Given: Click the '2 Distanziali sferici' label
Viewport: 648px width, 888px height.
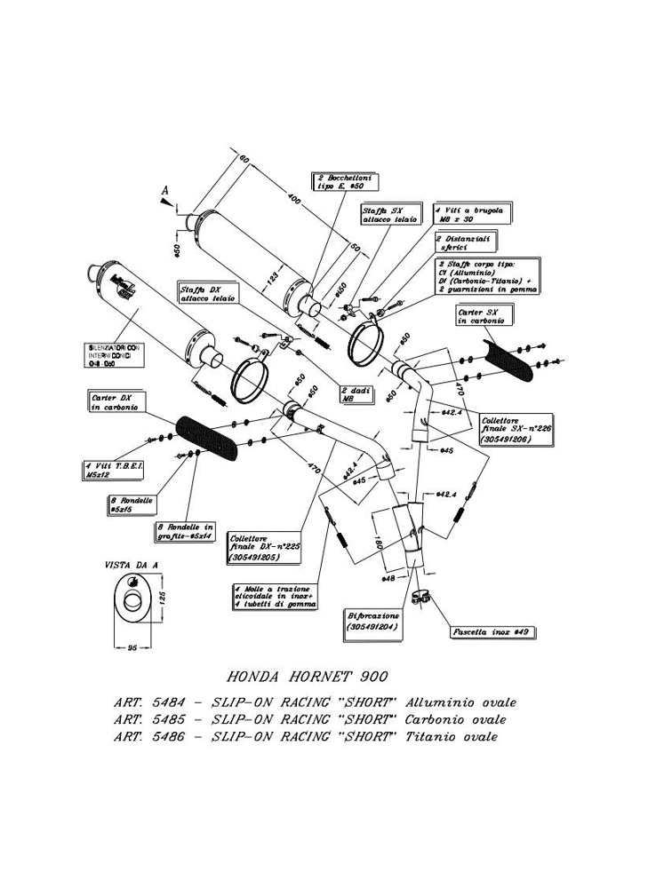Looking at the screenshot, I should click(x=465, y=242).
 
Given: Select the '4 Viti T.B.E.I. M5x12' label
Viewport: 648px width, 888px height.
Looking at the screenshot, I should click(x=108, y=469).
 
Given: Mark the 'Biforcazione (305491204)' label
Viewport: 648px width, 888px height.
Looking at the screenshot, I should click(x=369, y=621).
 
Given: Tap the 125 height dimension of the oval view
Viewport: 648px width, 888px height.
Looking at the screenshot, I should click(x=164, y=600).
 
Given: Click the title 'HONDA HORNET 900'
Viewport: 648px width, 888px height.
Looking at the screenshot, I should click(x=302, y=677).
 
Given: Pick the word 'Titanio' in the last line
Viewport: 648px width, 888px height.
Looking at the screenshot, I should click(x=430, y=737).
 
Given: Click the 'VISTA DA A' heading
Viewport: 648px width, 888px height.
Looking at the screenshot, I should click(x=131, y=565).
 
